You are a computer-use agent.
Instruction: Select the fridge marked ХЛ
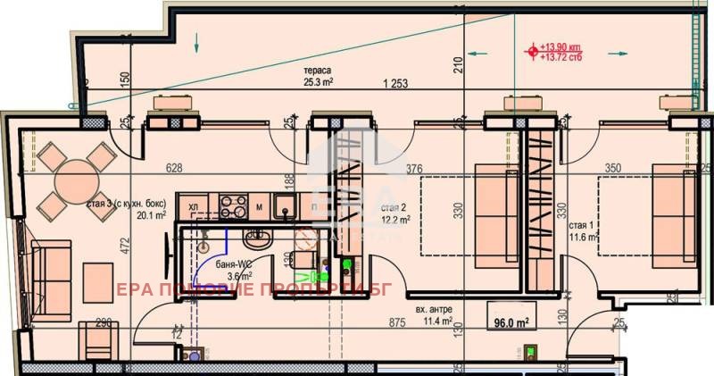(193, 208)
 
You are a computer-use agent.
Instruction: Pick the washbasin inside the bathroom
(255, 238)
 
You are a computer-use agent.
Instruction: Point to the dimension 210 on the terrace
(457, 64)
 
